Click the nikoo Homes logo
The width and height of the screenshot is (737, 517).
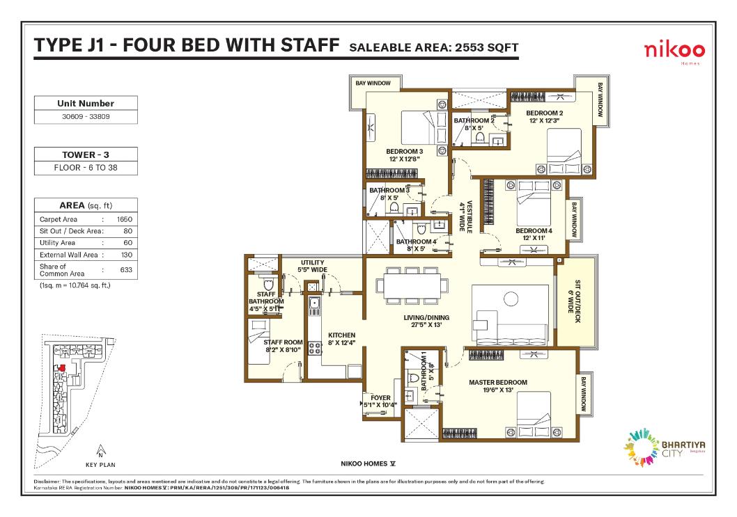(674, 51)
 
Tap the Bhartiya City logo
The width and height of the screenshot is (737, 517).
(664, 447)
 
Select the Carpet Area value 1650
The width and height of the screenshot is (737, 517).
(125, 219)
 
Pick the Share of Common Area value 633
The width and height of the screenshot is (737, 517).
(126, 270)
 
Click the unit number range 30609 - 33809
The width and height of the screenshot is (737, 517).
(86, 116)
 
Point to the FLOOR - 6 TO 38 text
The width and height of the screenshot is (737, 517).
(86, 168)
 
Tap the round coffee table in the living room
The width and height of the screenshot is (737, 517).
(511, 299)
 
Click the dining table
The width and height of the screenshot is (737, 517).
(412, 286)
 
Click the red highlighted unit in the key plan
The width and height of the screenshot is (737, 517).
(61, 368)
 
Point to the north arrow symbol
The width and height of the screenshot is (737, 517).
(100, 452)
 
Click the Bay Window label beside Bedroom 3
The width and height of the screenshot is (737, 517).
(373, 83)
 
